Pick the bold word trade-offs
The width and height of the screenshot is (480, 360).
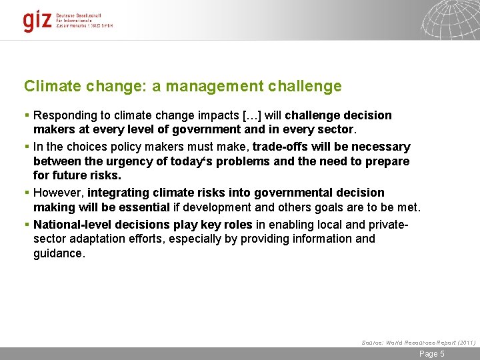[x=280, y=146]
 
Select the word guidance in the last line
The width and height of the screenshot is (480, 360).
[x=59, y=253]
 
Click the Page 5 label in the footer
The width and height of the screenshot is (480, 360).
[x=431, y=354]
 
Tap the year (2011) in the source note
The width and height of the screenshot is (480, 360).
[x=465, y=342]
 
